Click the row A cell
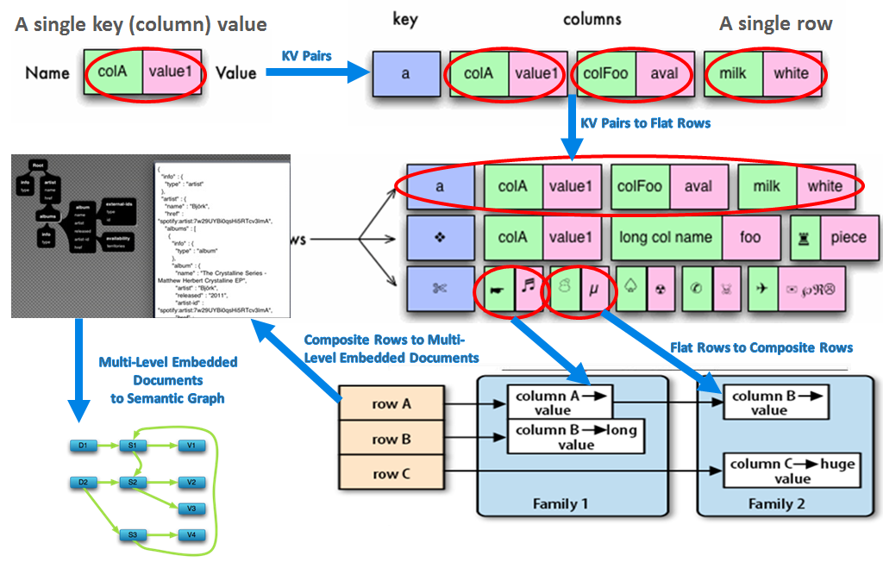coord(385,404)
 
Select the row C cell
coord(385,473)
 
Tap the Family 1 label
coord(560,503)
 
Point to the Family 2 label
coord(776,503)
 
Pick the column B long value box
coord(576,436)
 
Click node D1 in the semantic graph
coord(83,446)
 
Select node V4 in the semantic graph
coord(191,536)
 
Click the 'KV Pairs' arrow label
coord(306,56)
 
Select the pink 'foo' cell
coord(750,237)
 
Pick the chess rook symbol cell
coord(805,237)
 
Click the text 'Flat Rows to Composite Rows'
coord(761,347)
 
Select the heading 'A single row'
coord(775,24)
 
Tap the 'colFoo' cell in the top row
coord(606,74)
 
